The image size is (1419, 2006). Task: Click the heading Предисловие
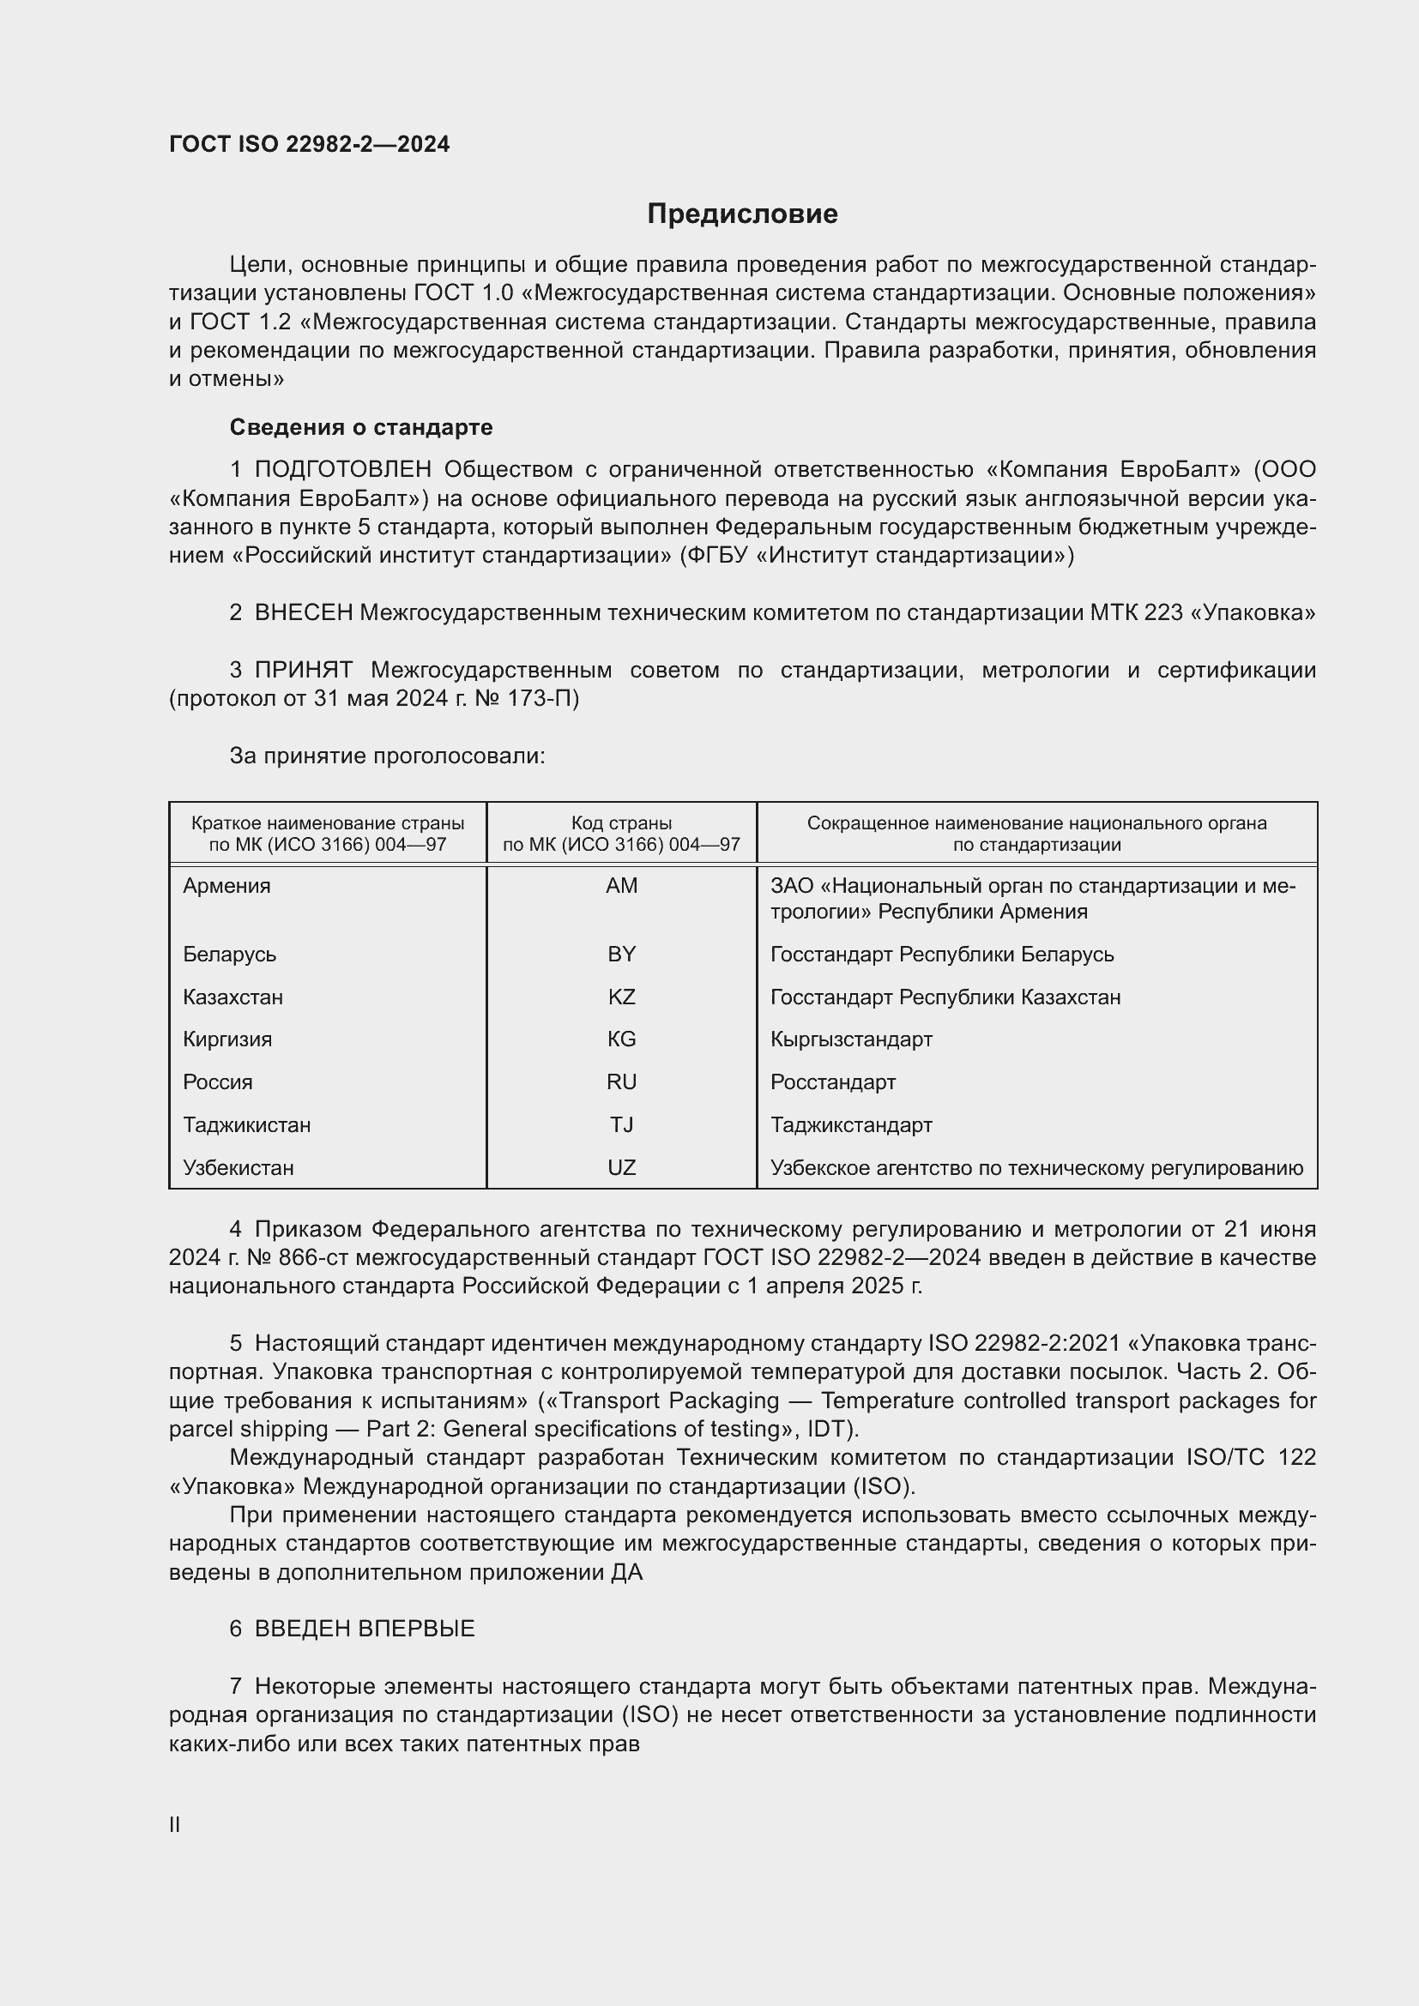click(742, 214)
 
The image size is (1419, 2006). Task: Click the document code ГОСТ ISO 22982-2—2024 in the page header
click(310, 144)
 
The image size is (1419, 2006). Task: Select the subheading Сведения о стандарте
click(361, 427)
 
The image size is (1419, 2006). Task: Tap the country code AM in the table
click(621, 886)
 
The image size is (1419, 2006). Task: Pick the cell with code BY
click(621, 954)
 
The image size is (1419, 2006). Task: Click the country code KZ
click(621, 997)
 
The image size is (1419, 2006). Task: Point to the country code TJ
click(621, 1124)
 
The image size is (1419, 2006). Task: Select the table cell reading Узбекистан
click(239, 1167)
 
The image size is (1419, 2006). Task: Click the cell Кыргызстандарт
click(851, 1039)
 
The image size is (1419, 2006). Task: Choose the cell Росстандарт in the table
click(833, 1082)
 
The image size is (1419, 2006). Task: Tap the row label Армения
click(227, 886)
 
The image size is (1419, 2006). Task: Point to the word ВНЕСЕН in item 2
click(303, 613)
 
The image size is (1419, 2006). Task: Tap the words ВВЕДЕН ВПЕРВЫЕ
click(365, 1629)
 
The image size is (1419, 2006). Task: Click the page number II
click(175, 1824)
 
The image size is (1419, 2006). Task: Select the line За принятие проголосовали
click(387, 756)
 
